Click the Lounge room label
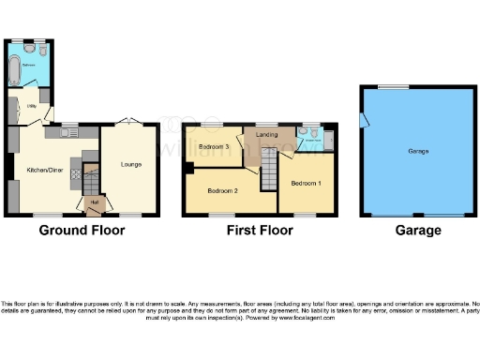[131, 166]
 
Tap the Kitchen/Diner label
[44, 171]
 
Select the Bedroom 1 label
[306, 183]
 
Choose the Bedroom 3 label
[215, 146]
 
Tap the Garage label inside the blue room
[417, 151]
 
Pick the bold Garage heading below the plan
[417, 230]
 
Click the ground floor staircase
[92, 176]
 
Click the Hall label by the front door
[94, 202]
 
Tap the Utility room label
[30, 107]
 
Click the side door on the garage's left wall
[365, 119]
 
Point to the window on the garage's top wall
[385, 87]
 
